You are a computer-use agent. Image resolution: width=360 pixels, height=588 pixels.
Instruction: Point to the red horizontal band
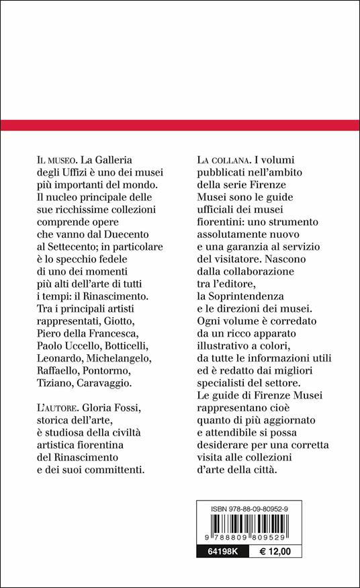click(180, 126)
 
